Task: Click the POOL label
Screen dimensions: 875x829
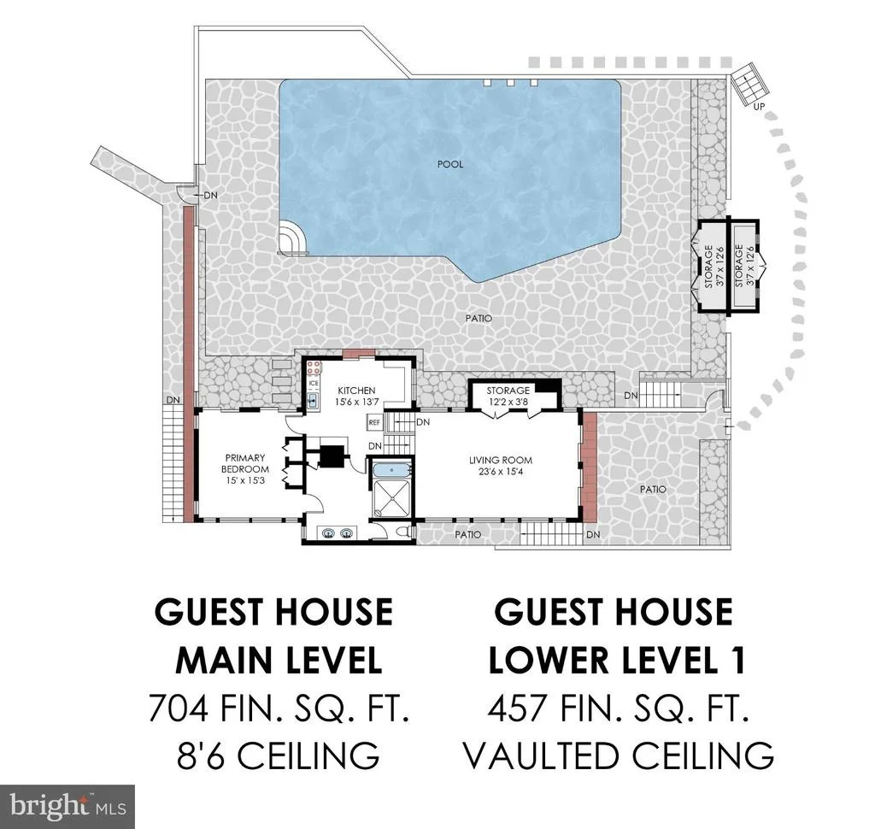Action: click(449, 164)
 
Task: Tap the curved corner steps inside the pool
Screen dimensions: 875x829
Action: click(292, 238)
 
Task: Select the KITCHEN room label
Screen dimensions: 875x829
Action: click(356, 391)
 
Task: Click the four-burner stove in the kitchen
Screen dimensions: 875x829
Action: click(314, 367)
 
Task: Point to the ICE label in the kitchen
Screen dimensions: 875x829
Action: click(314, 384)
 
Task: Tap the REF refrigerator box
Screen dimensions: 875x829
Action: click(374, 422)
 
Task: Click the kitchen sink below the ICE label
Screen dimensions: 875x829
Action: click(314, 399)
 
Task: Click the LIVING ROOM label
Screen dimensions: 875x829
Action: click(500, 461)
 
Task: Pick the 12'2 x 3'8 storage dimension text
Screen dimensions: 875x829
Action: click(508, 402)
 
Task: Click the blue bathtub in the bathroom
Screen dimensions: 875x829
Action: click(391, 469)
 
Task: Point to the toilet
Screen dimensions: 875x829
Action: click(403, 532)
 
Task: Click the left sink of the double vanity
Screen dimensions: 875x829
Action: click(328, 533)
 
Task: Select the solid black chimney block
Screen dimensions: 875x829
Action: click(333, 456)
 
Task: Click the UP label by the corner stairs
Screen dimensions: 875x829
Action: click(759, 106)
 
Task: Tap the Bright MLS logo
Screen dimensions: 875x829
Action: click(68, 806)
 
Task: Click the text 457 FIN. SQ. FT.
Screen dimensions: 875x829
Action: click(618, 708)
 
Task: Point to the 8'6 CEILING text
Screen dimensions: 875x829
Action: click(278, 756)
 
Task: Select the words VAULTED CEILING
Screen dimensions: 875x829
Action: click(619, 756)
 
